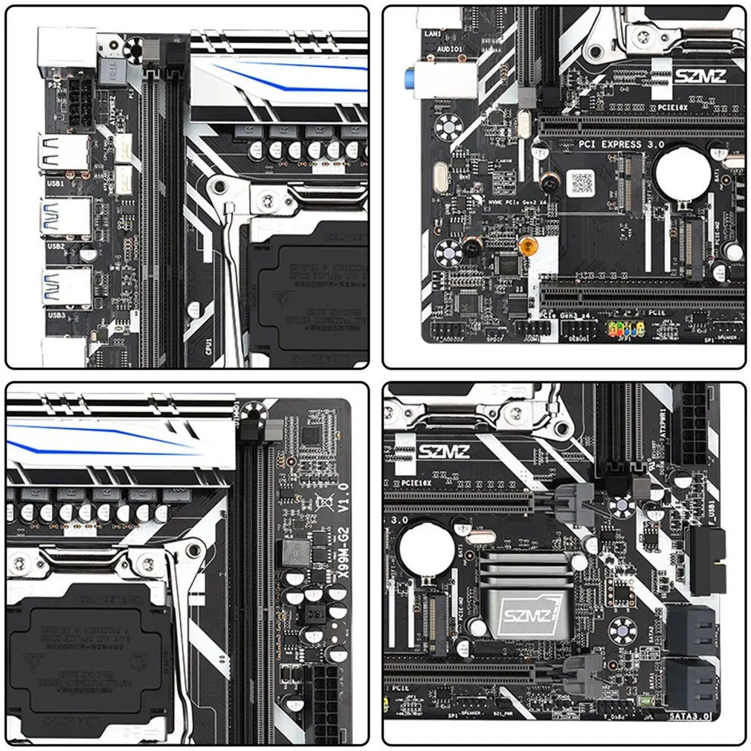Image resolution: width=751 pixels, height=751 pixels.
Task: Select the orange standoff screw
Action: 527,244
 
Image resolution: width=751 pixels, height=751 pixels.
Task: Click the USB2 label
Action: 57,245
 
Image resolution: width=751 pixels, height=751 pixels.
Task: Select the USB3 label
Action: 57,315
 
